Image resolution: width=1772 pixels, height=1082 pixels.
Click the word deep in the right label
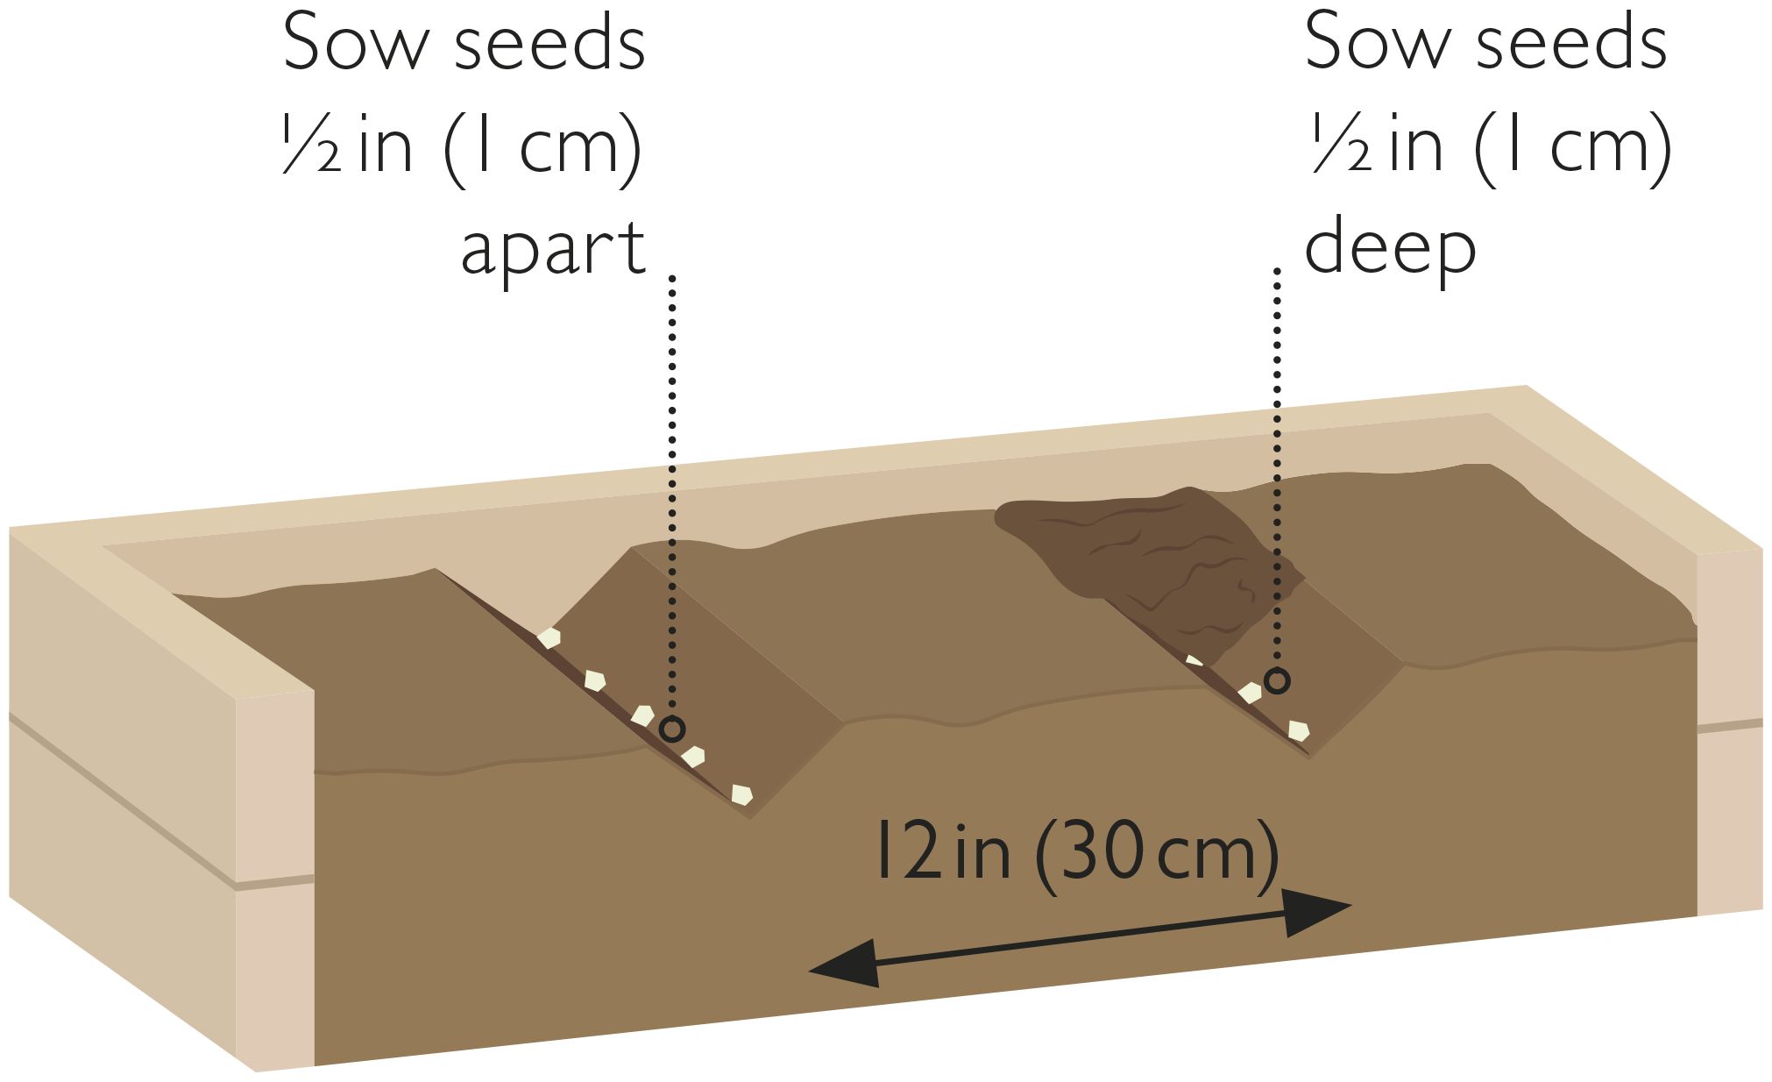[x=1390, y=247]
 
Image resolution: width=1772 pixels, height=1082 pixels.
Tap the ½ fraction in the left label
[x=311, y=146]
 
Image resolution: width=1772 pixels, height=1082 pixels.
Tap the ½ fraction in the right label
[x=1341, y=146]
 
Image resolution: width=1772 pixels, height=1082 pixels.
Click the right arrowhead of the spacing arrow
[x=1317, y=912]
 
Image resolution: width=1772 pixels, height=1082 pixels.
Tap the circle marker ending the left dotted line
[x=671, y=729]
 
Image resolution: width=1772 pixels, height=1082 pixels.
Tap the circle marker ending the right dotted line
[x=1278, y=680]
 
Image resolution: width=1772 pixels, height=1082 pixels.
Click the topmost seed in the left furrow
[x=549, y=637]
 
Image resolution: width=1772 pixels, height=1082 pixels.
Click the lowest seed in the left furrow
[x=741, y=794]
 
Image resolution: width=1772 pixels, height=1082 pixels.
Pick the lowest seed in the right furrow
[x=1298, y=730]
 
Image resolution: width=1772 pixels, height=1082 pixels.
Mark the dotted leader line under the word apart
[x=672, y=495]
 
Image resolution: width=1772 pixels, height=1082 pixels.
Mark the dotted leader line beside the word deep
[x=1278, y=469]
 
